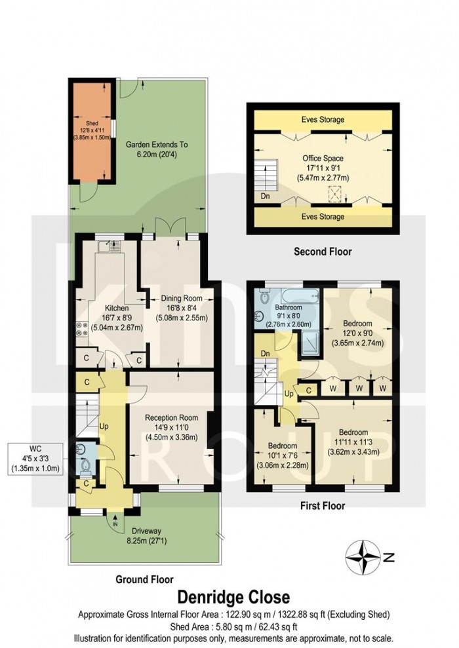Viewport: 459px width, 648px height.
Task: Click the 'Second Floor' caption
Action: coord(322,251)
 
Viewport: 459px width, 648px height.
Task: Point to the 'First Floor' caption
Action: coord(322,505)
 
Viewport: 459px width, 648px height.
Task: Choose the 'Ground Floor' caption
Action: coord(145,579)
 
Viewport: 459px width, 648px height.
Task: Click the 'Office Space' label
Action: coord(323,158)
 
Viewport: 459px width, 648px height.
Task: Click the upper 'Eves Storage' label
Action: coord(323,120)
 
